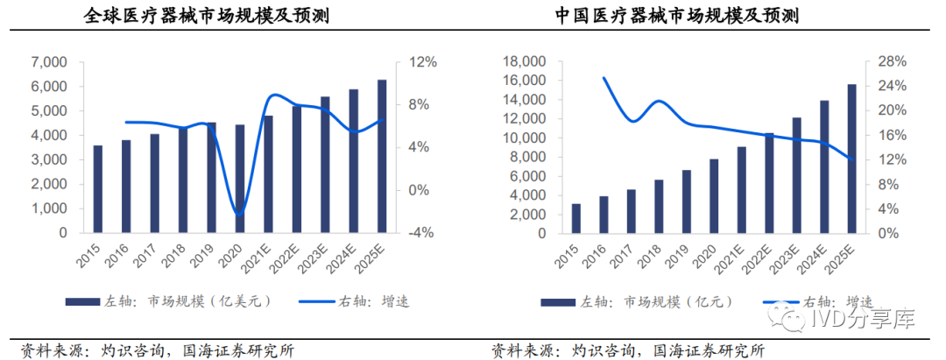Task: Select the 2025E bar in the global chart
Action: tap(381, 157)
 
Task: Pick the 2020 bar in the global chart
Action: tap(239, 180)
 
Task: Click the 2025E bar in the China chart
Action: tap(851, 159)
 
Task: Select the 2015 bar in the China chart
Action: tap(576, 218)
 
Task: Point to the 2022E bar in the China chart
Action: tap(769, 183)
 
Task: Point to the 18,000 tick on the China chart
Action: tap(522, 62)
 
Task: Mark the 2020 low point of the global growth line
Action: tap(238, 215)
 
